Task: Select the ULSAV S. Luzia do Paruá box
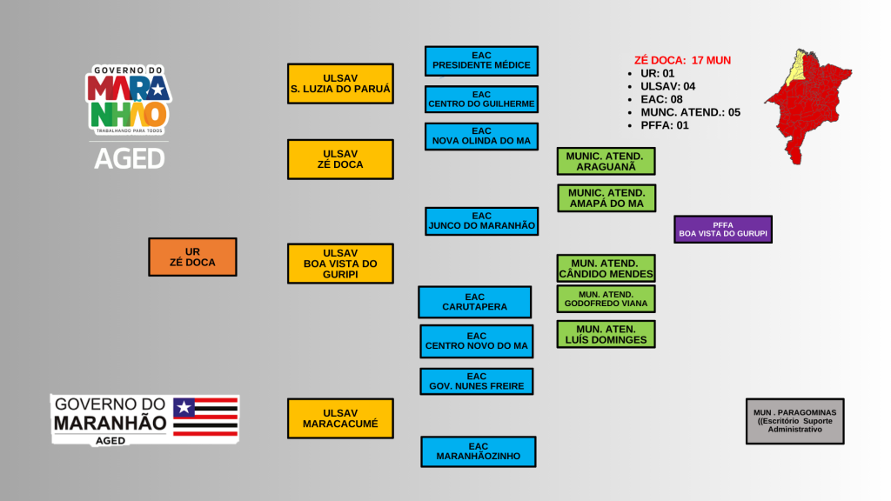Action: tap(340, 83)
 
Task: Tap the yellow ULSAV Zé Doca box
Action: tap(340, 159)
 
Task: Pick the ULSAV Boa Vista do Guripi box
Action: tap(340, 264)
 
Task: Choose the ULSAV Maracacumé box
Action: tap(340, 418)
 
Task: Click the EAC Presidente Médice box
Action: tap(481, 61)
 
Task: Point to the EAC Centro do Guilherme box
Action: tap(481, 99)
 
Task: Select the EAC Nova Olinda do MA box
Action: tap(481, 137)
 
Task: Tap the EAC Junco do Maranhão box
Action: tap(481, 221)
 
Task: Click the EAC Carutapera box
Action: tap(474, 302)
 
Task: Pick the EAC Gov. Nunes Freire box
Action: tap(477, 381)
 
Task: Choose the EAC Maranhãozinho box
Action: tap(479, 451)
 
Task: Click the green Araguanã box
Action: tap(606, 161)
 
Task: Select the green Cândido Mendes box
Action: tap(606, 268)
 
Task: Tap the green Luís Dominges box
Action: tap(606, 334)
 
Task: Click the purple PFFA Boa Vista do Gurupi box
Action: tap(723, 229)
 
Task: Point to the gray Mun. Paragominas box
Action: tap(794, 421)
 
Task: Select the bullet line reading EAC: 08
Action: tap(661, 99)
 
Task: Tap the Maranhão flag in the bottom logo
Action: tap(205, 416)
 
